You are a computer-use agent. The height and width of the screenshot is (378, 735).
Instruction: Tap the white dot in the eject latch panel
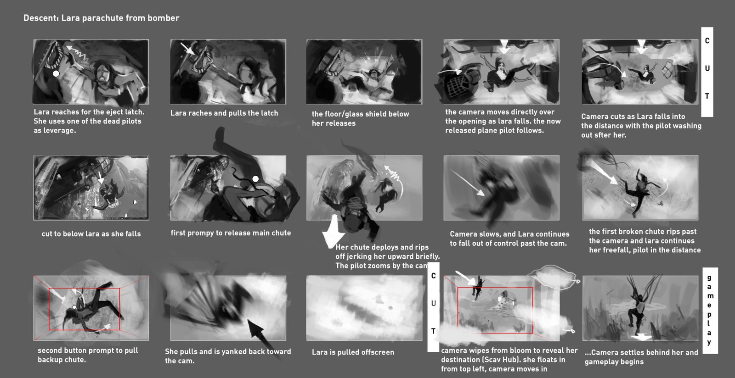tap(56, 74)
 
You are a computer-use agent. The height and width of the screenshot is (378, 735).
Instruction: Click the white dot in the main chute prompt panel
tap(255, 179)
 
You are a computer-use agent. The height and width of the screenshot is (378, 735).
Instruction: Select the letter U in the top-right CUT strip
tap(707, 68)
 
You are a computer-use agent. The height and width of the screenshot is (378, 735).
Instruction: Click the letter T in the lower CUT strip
tap(434, 331)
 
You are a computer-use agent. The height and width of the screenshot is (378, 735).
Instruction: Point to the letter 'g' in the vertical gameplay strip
tap(709, 278)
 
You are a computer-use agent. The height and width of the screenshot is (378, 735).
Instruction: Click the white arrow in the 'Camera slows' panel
tap(467, 182)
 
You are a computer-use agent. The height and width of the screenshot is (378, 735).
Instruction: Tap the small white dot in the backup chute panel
tap(74, 307)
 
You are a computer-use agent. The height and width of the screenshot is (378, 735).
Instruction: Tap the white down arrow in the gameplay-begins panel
tap(640, 337)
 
